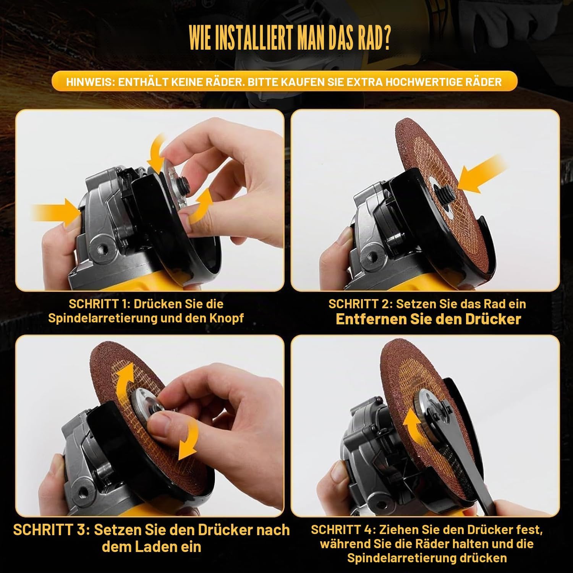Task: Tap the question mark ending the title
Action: coord(386,39)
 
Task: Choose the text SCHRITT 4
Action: coord(341,530)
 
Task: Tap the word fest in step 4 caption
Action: coord(529,530)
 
